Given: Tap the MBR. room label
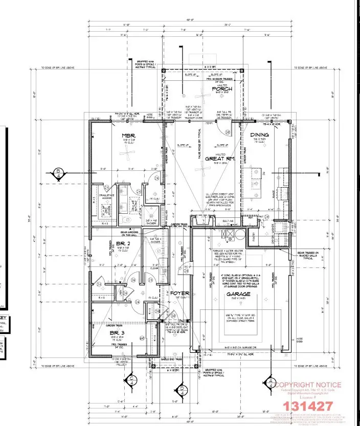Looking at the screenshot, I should pyautogui.click(x=127, y=136).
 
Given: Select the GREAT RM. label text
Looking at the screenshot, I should pyautogui.click(x=220, y=159).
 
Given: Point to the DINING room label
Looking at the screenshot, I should pyautogui.click(x=260, y=135).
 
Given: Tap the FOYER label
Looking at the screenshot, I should pyautogui.click(x=180, y=294).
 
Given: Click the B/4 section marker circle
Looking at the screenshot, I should pyautogui.click(x=58, y=172).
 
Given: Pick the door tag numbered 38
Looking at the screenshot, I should pyautogui.click(x=227, y=131).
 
